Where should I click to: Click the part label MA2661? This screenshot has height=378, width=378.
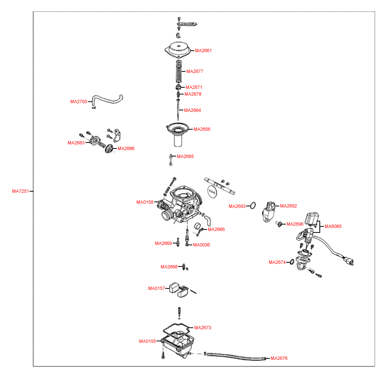point(203,51)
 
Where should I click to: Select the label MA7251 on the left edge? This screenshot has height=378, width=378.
point(20,191)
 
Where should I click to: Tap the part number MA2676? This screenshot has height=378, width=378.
point(279,358)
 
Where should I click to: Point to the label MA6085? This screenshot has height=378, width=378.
point(333,226)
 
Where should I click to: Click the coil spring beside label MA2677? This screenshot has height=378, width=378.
point(178,72)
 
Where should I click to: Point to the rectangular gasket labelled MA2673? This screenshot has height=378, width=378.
point(177,328)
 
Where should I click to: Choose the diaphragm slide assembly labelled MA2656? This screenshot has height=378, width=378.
point(178,133)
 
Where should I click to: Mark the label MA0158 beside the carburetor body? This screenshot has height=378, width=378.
point(145,202)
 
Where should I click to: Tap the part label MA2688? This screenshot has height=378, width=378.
point(169,267)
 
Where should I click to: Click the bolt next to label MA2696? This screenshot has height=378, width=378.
point(279,224)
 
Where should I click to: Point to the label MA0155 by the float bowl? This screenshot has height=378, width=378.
point(147,341)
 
